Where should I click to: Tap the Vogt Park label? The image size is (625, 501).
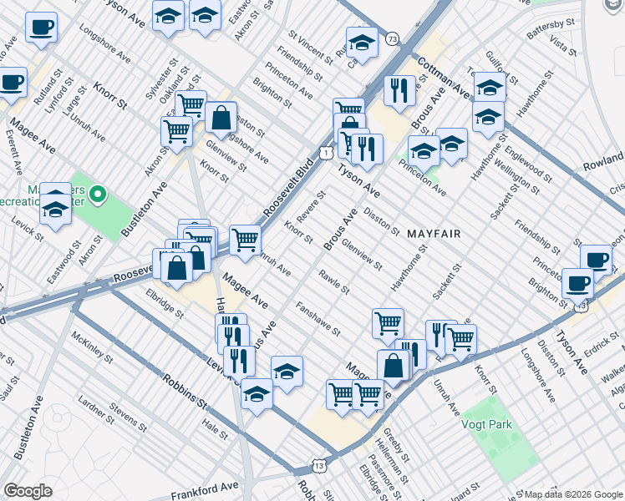[x=486, y=424]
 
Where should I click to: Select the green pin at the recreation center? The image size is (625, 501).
[x=98, y=196]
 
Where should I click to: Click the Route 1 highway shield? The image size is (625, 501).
[x=326, y=151]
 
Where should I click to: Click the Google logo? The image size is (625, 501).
[x=28, y=491]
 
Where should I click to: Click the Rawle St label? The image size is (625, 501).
[x=334, y=282]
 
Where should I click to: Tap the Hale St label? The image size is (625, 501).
[x=215, y=430]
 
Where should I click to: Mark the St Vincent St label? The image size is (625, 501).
[x=311, y=47]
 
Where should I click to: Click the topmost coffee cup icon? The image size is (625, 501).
[x=40, y=28]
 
